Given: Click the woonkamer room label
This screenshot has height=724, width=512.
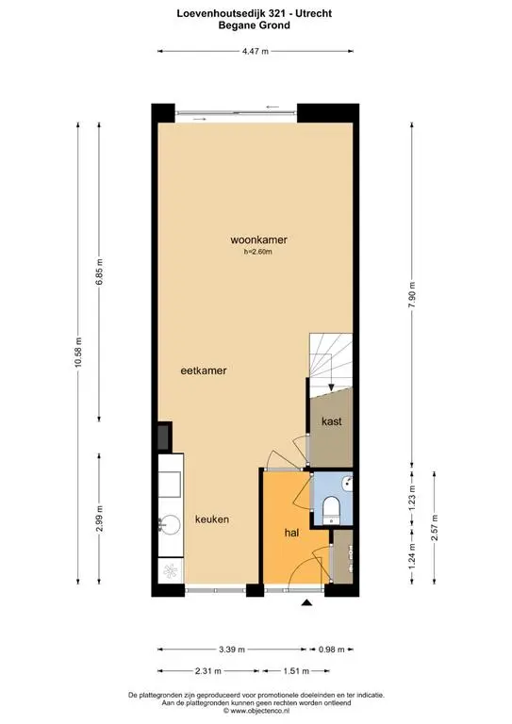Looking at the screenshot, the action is click(258, 239).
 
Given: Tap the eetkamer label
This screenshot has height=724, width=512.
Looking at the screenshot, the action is click(203, 370).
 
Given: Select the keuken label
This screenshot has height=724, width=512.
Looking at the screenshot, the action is click(212, 519).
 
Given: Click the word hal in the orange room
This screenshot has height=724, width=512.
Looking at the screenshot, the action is click(291, 533).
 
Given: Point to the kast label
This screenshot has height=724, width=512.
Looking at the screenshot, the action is click(332, 421).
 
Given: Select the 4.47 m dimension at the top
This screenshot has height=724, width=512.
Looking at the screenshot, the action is click(256, 51).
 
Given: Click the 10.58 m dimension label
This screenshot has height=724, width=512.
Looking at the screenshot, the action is click(78, 352).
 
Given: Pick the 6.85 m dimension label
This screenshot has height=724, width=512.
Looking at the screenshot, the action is click(99, 271).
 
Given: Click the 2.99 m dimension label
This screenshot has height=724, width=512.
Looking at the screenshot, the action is click(99, 518).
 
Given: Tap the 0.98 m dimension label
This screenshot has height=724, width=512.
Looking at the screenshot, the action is click(332, 650).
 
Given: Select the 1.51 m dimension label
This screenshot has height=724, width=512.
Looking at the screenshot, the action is click(296, 671).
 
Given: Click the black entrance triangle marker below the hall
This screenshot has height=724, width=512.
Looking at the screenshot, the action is click(306, 601).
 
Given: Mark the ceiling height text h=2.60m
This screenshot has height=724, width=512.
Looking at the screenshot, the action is click(258, 252).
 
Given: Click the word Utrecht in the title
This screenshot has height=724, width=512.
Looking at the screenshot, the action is click(314, 14).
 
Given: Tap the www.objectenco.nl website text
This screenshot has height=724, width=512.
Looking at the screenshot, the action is click(259, 711).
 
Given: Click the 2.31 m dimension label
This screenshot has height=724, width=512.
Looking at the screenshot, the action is click(207, 671).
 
